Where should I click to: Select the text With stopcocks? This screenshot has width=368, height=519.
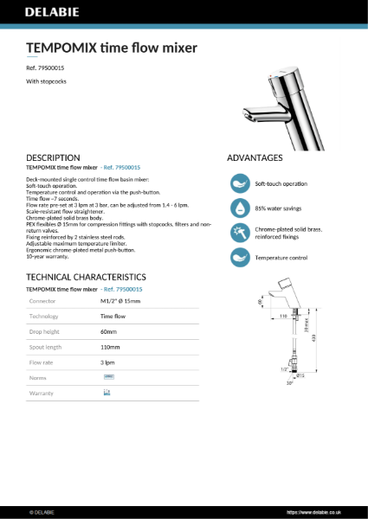47,81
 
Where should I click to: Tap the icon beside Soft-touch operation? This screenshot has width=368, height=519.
238,183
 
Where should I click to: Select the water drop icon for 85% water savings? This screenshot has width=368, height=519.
238,208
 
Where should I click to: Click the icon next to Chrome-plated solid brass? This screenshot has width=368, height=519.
238,233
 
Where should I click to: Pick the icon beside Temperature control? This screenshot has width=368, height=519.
238,258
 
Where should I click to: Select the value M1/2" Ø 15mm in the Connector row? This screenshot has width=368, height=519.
120,301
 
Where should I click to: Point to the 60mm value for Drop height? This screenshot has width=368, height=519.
108,331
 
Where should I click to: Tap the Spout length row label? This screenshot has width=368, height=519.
47,347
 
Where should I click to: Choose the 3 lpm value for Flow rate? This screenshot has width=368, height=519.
107,362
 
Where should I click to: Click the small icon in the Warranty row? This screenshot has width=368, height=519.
107,393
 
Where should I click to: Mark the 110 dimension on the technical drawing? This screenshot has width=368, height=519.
283,316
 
